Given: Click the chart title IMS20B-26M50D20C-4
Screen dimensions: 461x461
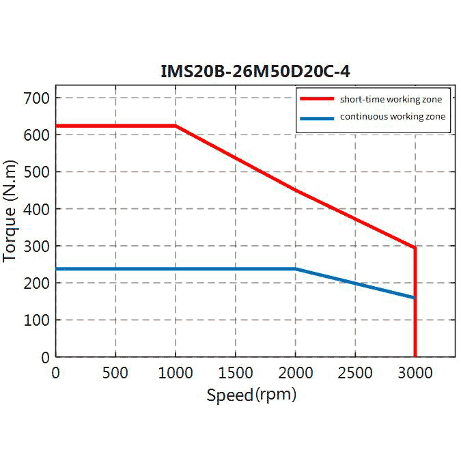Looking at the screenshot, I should tap(255, 70).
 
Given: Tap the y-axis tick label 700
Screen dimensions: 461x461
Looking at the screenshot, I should tap(36, 98).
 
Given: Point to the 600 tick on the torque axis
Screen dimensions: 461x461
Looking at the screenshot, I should tap(36, 135).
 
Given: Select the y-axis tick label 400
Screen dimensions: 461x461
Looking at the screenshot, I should tap(36, 209).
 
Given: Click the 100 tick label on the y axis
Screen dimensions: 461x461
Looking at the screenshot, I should tap(36, 320).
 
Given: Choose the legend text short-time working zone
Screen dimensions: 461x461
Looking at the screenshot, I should tap(386, 100).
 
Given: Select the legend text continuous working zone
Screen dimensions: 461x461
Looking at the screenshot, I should tap(392, 117).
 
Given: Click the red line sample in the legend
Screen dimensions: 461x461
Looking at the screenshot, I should tap(317, 100).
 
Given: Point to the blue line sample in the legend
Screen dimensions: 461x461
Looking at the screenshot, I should tap(317, 117).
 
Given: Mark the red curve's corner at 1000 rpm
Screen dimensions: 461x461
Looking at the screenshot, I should tap(176, 126).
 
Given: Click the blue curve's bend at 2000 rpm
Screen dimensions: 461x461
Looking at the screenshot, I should tap(296, 269).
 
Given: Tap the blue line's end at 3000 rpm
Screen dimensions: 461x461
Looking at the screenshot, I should tap(415, 298).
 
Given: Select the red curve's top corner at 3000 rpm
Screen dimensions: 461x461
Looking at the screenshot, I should tap(415, 247).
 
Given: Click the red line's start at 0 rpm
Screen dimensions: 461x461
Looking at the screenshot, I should tap(57, 126).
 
